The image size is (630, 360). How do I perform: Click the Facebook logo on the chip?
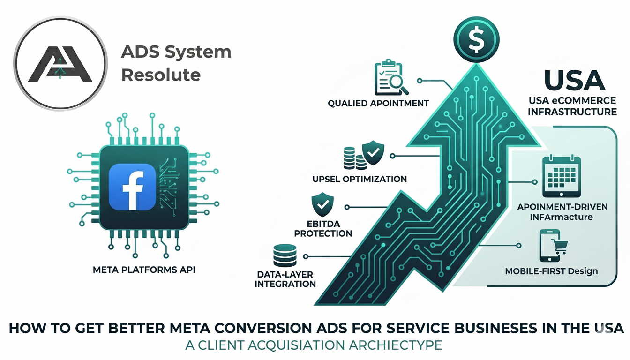coord(132,187)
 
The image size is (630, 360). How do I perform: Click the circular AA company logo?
coord(59,63)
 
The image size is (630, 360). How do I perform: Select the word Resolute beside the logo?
coord(161,75)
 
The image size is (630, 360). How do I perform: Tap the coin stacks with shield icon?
coord(363,156)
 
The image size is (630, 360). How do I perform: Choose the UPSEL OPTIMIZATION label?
coord(360,179)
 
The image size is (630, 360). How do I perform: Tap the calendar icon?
coord(561,177)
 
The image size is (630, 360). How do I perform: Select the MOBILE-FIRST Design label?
coord(551,271)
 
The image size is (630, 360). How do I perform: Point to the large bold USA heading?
coord(575,81)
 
